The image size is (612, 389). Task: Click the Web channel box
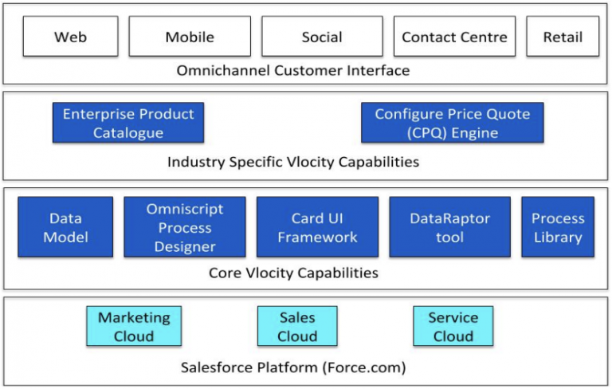[70, 37]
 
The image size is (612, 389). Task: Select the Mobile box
[190, 37]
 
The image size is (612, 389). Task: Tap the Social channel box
[322, 37]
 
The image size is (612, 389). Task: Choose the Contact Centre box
[454, 37]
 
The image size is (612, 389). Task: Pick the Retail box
[563, 37]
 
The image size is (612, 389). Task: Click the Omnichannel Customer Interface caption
[293, 71]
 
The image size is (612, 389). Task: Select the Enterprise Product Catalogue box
[128, 123]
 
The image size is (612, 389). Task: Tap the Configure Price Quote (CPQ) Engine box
[452, 123]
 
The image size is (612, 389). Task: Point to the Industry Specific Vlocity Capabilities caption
[293, 163]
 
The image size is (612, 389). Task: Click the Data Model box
[65, 227]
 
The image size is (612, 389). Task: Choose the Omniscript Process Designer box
[185, 227]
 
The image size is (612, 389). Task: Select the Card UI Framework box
[317, 227]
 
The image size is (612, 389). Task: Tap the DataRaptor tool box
[449, 227]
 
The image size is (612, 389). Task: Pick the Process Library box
[558, 227]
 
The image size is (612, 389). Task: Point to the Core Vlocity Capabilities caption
[293, 273]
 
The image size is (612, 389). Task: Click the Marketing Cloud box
[134, 326]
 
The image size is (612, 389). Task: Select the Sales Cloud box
[297, 326]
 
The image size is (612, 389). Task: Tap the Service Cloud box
[453, 326]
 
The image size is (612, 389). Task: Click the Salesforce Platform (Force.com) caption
[293, 367]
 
